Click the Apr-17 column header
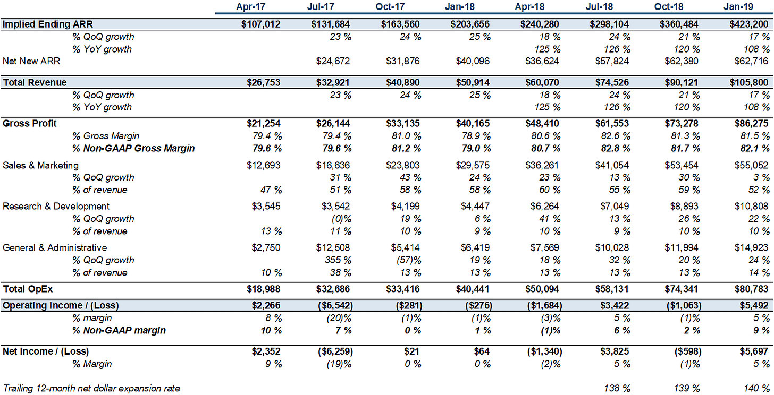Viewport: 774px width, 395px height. click(x=250, y=6)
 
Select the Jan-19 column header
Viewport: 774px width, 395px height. click(x=738, y=6)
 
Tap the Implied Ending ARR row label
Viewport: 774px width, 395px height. click(x=48, y=24)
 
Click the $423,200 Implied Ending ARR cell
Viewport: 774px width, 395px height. click(x=749, y=24)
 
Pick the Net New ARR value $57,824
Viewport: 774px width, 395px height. click(x=611, y=61)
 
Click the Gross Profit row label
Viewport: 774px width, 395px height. click(x=29, y=123)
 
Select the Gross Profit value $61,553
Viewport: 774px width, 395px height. click(x=611, y=123)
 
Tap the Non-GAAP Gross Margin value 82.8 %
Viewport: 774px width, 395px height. click(x=616, y=148)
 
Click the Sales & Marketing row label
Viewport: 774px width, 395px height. click(x=40, y=165)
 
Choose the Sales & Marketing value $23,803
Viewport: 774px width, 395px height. click(x=402, y=165)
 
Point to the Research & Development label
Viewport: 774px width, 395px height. click(x=56, y=207)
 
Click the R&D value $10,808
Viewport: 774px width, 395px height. click(x=751, y=207)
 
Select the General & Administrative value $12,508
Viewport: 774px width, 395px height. click(x=333, y=248)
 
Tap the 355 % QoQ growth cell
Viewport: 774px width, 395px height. click(x=338, y=260)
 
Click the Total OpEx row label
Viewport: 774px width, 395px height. click(x=28, y=289)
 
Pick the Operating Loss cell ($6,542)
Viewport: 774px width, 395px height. click(x=335, y=306)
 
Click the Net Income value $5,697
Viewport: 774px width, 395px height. click(x=754, y=351)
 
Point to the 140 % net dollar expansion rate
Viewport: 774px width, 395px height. click(x=757, y=389)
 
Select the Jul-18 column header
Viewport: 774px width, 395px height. click(x=599, y=6)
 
